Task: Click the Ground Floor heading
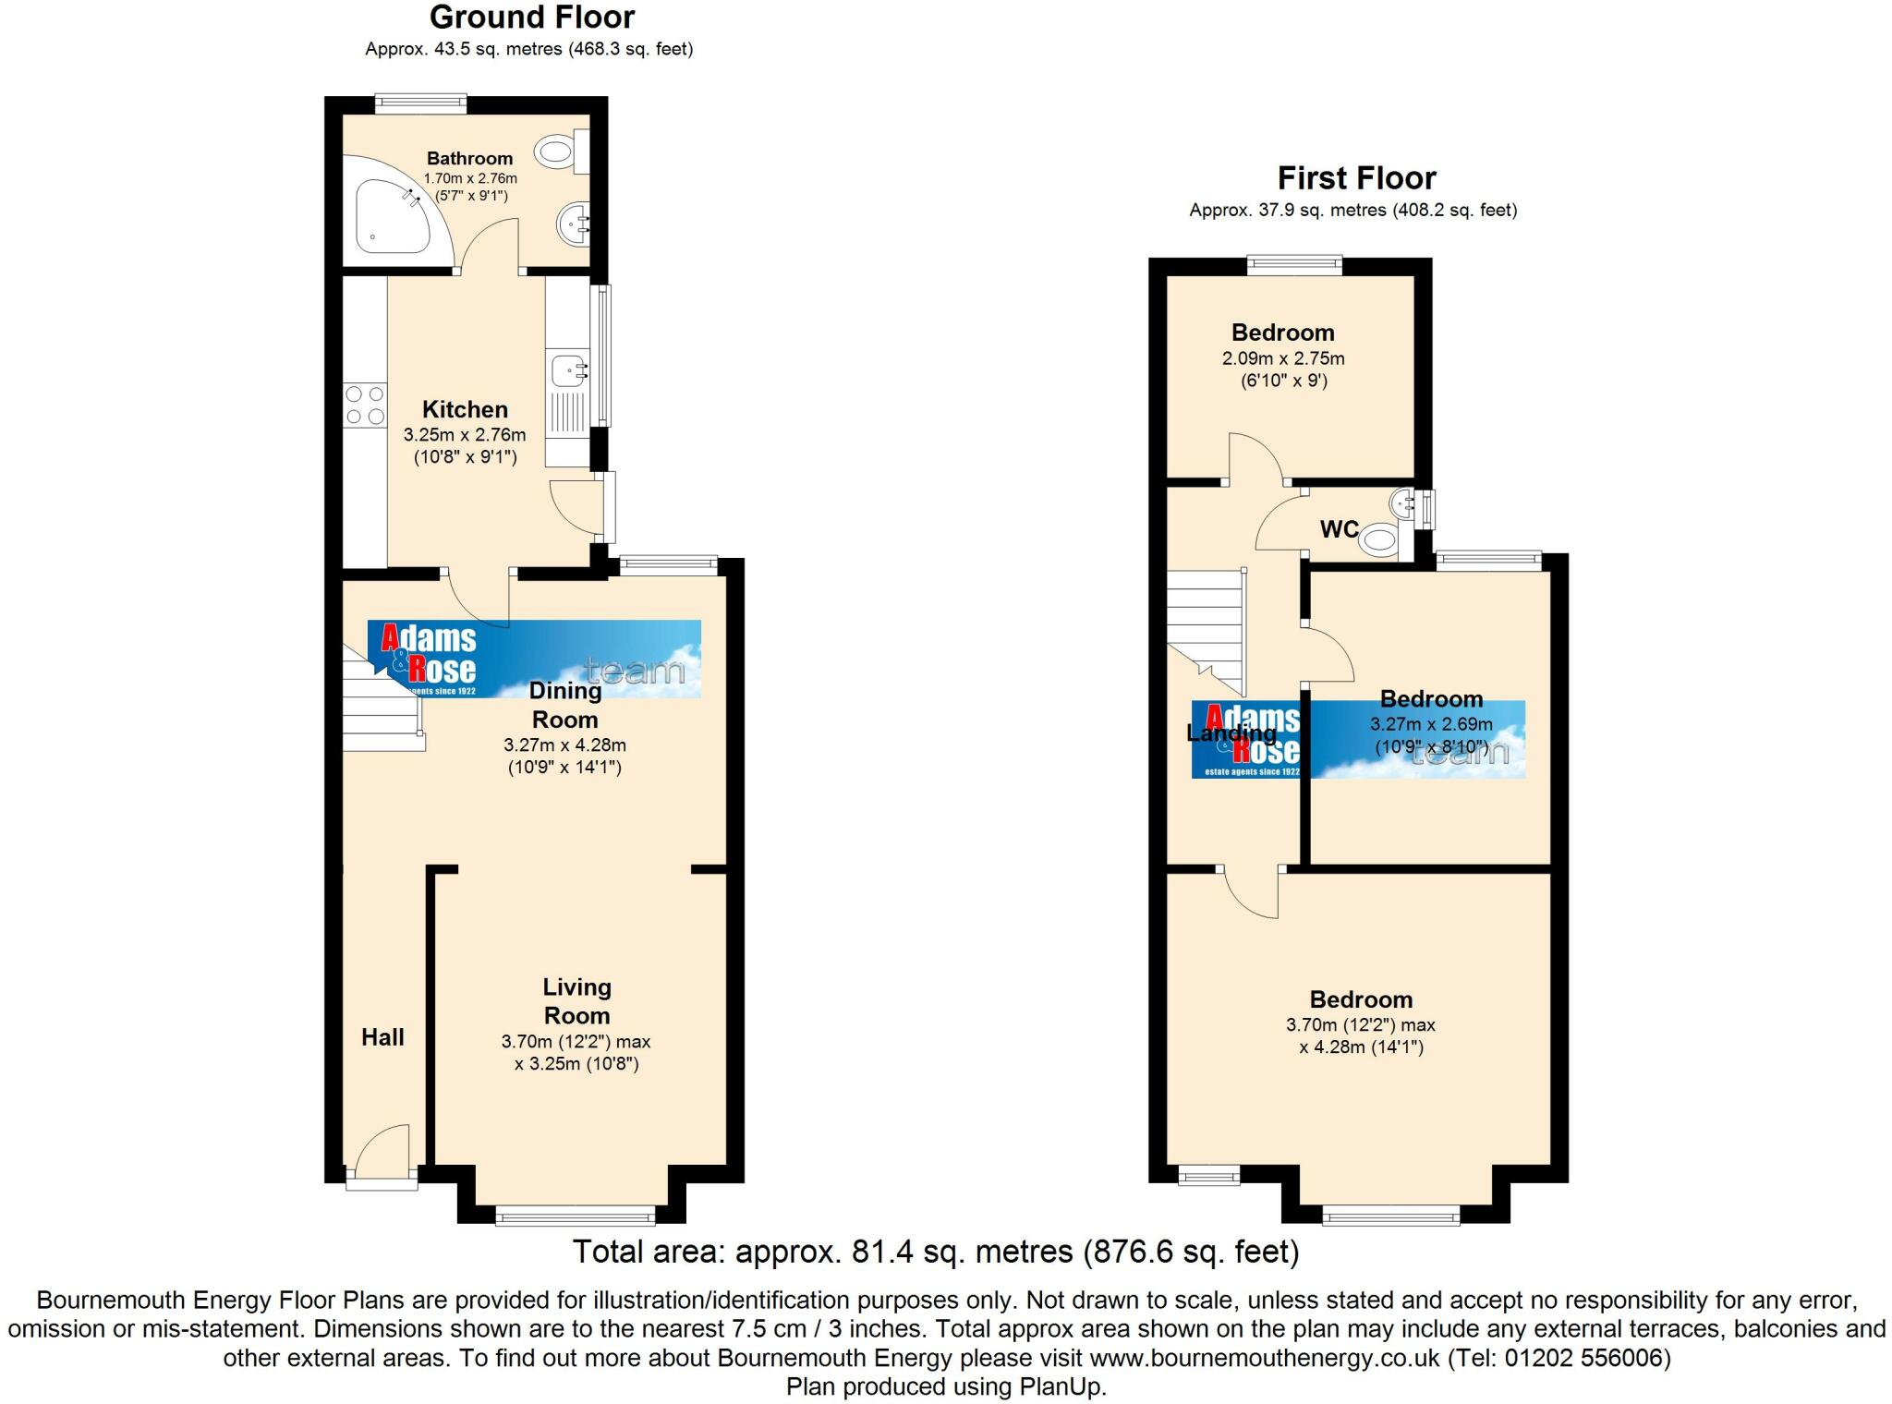pos(531,18)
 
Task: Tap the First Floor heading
pos(1356,177)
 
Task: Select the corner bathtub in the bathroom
pos(388,216)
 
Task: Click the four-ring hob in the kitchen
pos(365,405)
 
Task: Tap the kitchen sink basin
pos(567,371)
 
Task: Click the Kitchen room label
pos(465,409)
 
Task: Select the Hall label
pos(382,1037)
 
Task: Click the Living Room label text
pos(576,1001)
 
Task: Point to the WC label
pos(1339,529)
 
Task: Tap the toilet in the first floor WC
pos(1380,539)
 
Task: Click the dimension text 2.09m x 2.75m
pos(1283,358)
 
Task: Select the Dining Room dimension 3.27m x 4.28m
pos(564,744)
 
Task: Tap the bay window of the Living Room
pos(576,1216)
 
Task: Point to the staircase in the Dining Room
pos(381,707)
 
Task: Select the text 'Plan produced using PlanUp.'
pos(946,1386)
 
